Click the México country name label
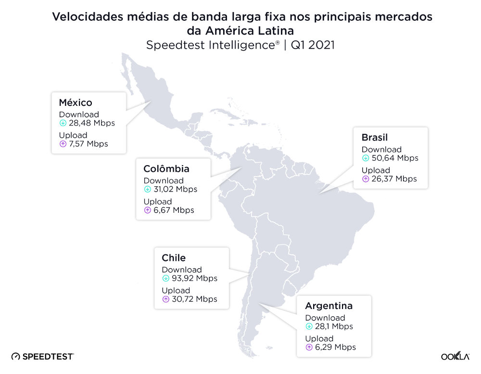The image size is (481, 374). tap(76, 103)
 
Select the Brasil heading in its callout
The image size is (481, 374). tap(375, 138)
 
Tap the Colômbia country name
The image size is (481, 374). tap(166, 169)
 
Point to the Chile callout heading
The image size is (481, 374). tap(174, 258)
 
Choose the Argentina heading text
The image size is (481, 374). tap(329, 306)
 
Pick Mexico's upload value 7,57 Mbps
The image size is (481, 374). tap(88, 144)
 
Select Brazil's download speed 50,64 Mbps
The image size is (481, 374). tap(394, 158)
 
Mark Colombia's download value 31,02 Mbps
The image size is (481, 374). tap(176, 190)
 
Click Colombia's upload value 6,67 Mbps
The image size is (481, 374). tap(174, 210)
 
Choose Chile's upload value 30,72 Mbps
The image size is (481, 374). tap(194, 299)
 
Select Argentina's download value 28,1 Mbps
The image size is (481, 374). tap(334, 327)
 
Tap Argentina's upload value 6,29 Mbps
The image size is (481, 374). tap(335, 348)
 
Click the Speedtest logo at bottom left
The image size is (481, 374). tap(42, 357)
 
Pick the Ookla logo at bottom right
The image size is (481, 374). tap(455, 357)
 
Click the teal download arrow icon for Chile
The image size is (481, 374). tap(165, 279)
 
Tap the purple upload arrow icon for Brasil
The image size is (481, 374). tap(366, 179)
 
